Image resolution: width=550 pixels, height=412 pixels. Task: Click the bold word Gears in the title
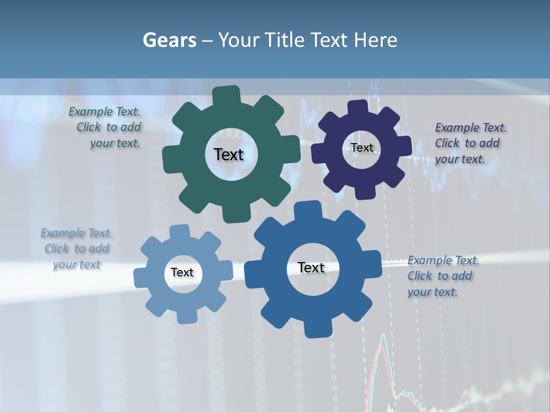tap(169, 40)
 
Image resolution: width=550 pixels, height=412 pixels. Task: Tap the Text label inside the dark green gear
tap(229, 154)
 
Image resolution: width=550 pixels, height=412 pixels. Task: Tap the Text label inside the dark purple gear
tap(362, 148)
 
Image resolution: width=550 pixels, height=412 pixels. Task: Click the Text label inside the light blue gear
tap(182, 272)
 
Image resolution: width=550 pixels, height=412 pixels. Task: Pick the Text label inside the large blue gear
tap(311, 267)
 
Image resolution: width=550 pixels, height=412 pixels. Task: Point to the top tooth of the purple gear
tap(357, 107)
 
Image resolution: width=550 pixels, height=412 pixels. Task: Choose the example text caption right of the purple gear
tap(470, 143)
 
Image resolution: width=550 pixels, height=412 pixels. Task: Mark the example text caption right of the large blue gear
tap(442, 276)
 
